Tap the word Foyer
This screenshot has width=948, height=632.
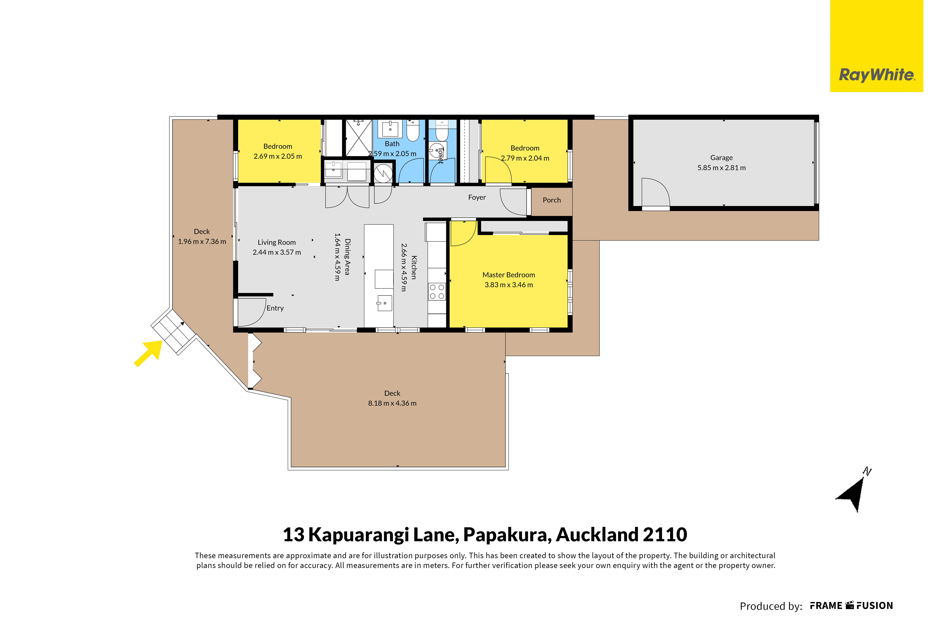[477, 197]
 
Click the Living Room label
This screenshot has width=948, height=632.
[277, 242]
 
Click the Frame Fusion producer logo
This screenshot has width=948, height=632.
[852, 606]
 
